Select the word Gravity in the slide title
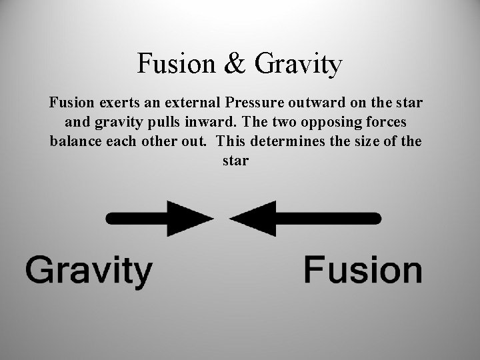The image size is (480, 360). tap(298, 65)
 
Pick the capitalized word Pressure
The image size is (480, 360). tap(254, 104)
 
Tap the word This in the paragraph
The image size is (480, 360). tap(231, 141)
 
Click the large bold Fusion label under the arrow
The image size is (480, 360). tap(363, 271)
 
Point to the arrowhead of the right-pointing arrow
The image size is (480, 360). tap(193, 217)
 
